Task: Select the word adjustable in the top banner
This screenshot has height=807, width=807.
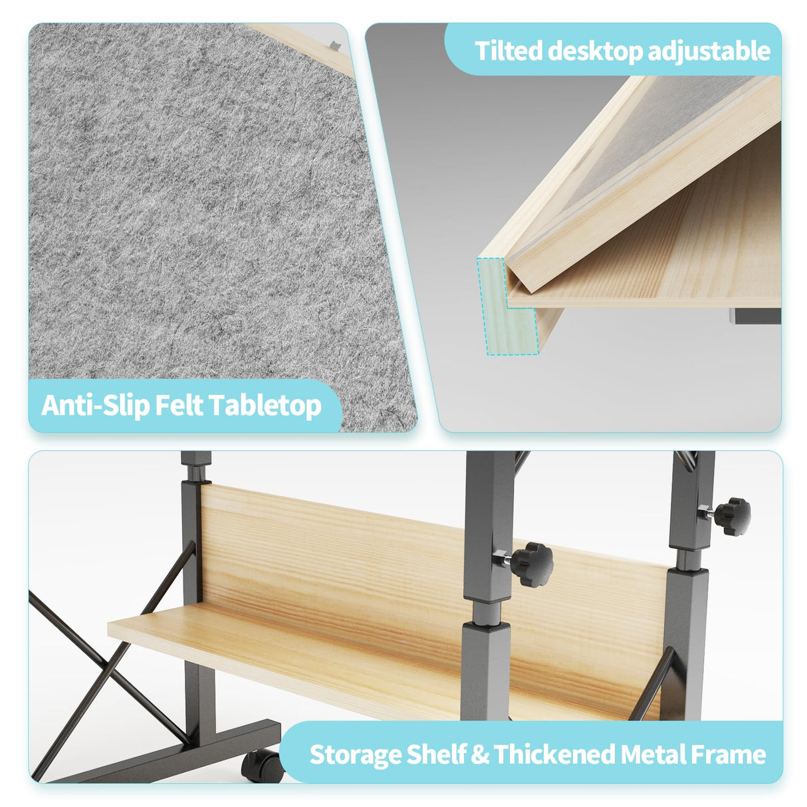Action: (709, 52)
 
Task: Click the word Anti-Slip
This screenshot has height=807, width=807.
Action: (95, 405)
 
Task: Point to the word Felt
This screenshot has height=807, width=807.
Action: (179, 405)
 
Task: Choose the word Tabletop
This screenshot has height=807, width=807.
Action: (265, 405)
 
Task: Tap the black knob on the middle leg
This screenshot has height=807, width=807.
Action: (531, 564)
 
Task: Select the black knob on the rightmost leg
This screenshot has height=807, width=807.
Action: (732, 517)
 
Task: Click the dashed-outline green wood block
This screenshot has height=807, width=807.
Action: (507, 306)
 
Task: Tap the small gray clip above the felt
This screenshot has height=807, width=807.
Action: (335, 45)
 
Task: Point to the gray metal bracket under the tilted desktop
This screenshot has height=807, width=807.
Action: (754, 316)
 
